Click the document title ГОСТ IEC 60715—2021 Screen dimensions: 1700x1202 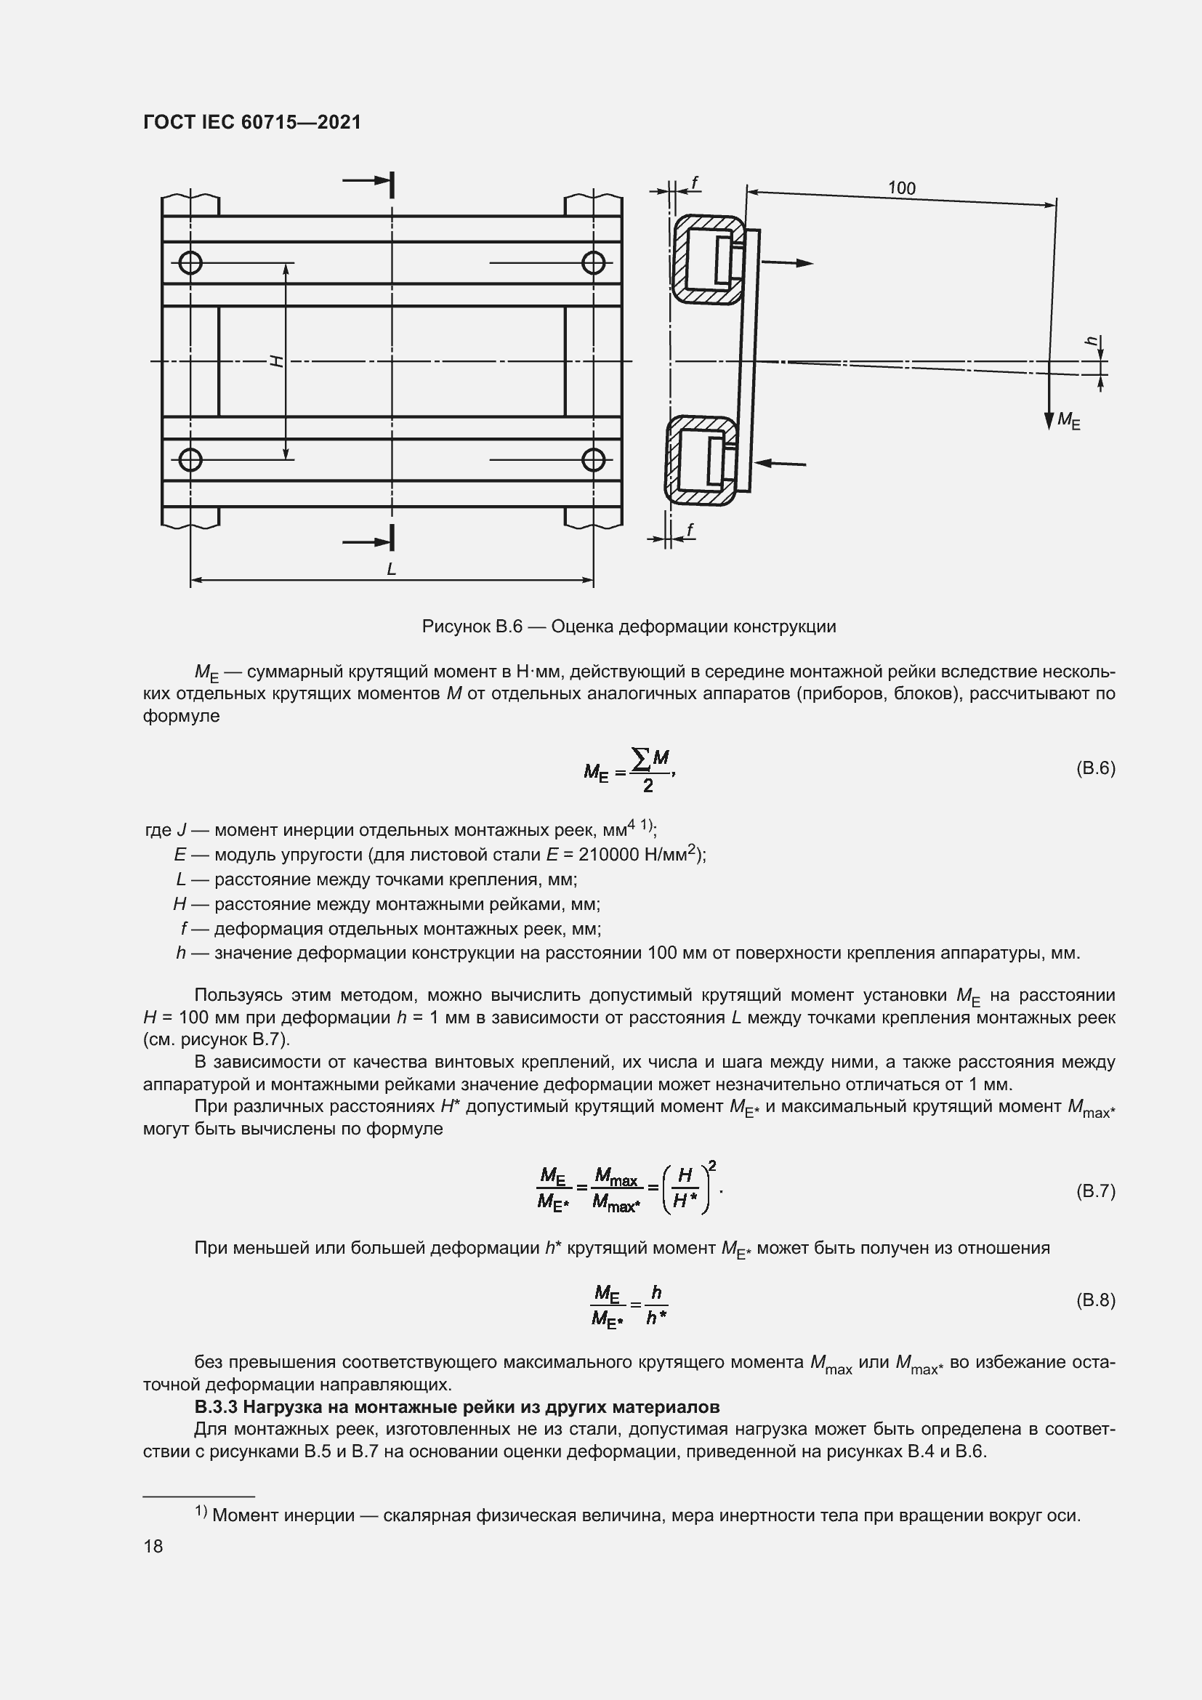click(x=251, y=122)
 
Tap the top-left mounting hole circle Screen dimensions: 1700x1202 click(x=190, y=262)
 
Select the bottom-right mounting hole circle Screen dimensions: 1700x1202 click(x=594, y=460)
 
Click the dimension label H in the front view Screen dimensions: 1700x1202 click(x=276, y=361)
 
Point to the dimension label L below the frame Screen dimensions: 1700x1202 click(x=392, y=568)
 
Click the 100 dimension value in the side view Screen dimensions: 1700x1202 click(x=901, y=188)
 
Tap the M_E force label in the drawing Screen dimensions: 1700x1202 click(x=1068, y=420)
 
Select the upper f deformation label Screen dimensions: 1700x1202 click(x=694, y=182)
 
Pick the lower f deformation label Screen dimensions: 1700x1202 click(x=690, y=529)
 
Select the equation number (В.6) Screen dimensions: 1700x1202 click(x=1094, y=768)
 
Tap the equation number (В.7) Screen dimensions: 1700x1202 click(x=1094, y=1191)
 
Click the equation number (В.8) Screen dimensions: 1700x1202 click(x=1094, y=1300)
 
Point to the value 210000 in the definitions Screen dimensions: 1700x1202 click(x=608, y=855)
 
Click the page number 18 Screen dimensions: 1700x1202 click(x=153, y=1546)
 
